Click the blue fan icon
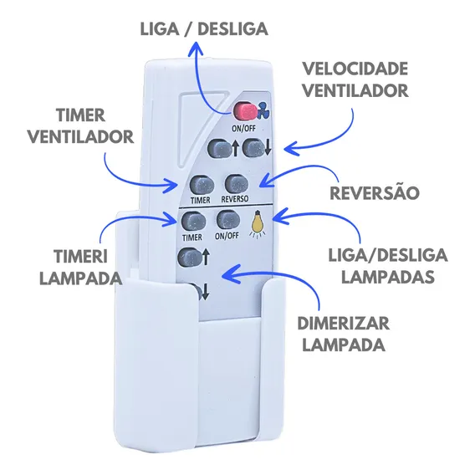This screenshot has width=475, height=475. tap(264, 111)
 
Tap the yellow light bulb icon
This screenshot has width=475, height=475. tap(257, 223)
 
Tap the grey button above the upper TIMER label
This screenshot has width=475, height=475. tap(202, 186)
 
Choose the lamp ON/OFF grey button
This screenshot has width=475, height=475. tap(228, 220)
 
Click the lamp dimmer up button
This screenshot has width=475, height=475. tap(190, 258)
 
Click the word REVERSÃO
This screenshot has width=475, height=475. tap(375, 192)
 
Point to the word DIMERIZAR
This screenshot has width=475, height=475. tap(343, 324)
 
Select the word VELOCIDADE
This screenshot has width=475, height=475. tap(355, 69)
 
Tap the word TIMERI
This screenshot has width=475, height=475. tap(81, 257)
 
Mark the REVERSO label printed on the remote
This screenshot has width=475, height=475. tap(235, 199)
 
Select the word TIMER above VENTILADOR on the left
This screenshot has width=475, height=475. tap(80, 115)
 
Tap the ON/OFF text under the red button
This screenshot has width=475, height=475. tap(243, 129)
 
